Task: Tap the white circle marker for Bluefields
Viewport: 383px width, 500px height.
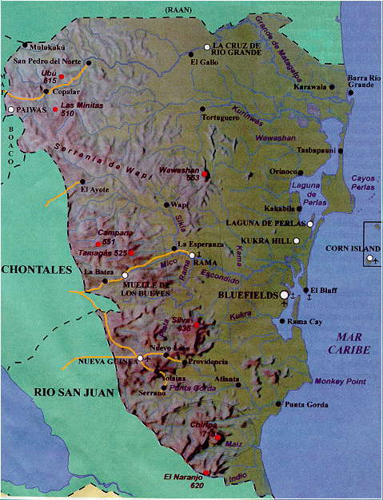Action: point(283,296)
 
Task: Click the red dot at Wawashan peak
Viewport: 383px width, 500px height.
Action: point(205,173)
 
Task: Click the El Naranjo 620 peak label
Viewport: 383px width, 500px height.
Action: point(181,479)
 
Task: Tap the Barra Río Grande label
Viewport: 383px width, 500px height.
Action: point(361,81)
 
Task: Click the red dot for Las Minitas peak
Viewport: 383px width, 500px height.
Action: point(55,109)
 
